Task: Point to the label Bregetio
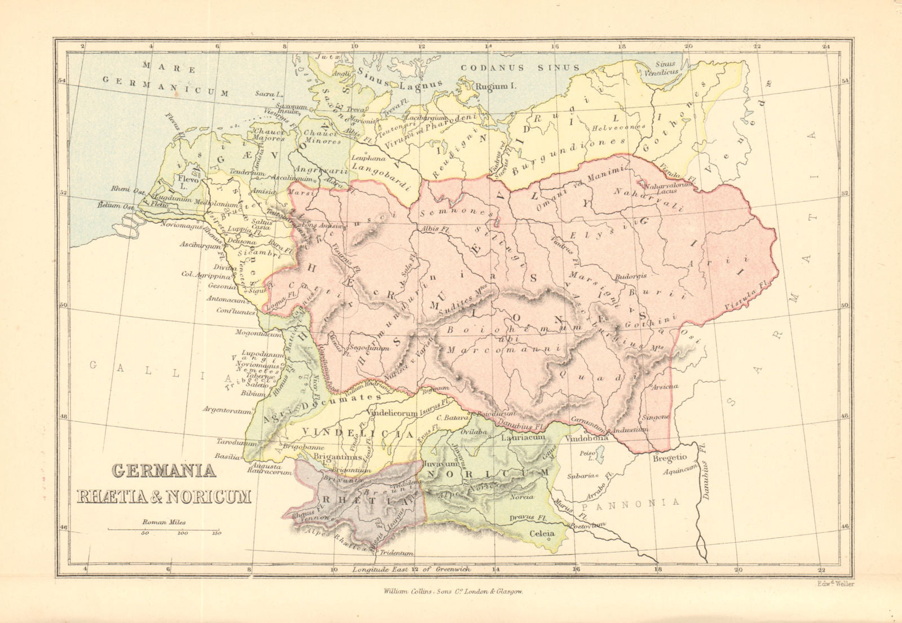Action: pyautogui.click(x=669, y=458)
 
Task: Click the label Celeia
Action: pyautogui.click(x=542, y=533)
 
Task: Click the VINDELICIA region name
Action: pyautogui.click(x=359, y=433)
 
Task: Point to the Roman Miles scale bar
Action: pyautogui.click(x=164, y=530)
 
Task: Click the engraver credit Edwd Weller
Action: pyautogui.click(x=835, y=584)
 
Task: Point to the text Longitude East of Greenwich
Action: pyautogui.click(x=412, y=569)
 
